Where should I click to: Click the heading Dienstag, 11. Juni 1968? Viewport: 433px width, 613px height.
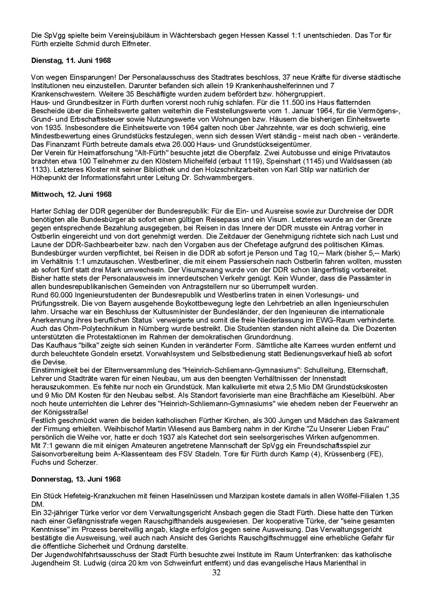click(71, 60)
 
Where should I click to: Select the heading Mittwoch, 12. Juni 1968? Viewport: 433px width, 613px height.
click(71, 194)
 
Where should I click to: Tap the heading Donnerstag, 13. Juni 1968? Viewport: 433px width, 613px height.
click(76, 479)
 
